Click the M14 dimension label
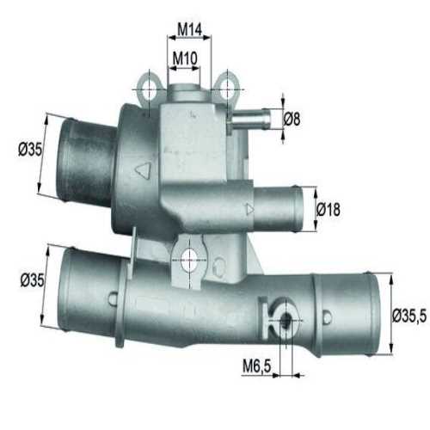(188, 29)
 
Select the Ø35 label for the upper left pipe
(30, 149)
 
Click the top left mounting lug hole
(150, 89)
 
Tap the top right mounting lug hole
(226, 89)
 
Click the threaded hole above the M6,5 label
(285, 323)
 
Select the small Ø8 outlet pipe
(254, 118)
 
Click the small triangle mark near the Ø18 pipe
(249, 207)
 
